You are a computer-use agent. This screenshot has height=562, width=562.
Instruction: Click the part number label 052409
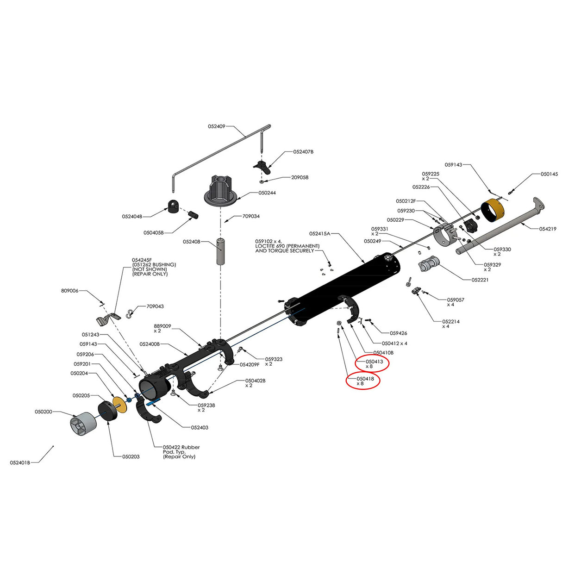click(x=216, y=126)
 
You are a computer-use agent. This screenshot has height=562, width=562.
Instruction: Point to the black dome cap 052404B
click(x=173, y=206)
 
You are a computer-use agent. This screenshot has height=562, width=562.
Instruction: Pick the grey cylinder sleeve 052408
click(x=223, y=251)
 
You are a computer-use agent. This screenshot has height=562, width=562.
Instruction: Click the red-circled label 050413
click(x=374, y=362)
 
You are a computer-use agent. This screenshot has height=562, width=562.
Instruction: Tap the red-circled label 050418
click(x=365, y=379)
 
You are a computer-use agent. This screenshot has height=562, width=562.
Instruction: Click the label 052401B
click(x=20, y=462)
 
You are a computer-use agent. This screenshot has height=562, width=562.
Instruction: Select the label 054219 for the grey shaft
click(x=548, y=229)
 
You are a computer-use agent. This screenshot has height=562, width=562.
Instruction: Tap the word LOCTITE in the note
click(x=266, y=246)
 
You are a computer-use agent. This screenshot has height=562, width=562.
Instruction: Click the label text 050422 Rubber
click(x=181, y=447)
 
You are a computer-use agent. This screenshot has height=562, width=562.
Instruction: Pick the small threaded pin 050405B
click(x=193, y=215)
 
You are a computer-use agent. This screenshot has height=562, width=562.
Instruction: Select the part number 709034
click(x=251, y=216)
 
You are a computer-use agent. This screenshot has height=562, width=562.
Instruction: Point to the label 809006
click(x=69, y=291)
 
